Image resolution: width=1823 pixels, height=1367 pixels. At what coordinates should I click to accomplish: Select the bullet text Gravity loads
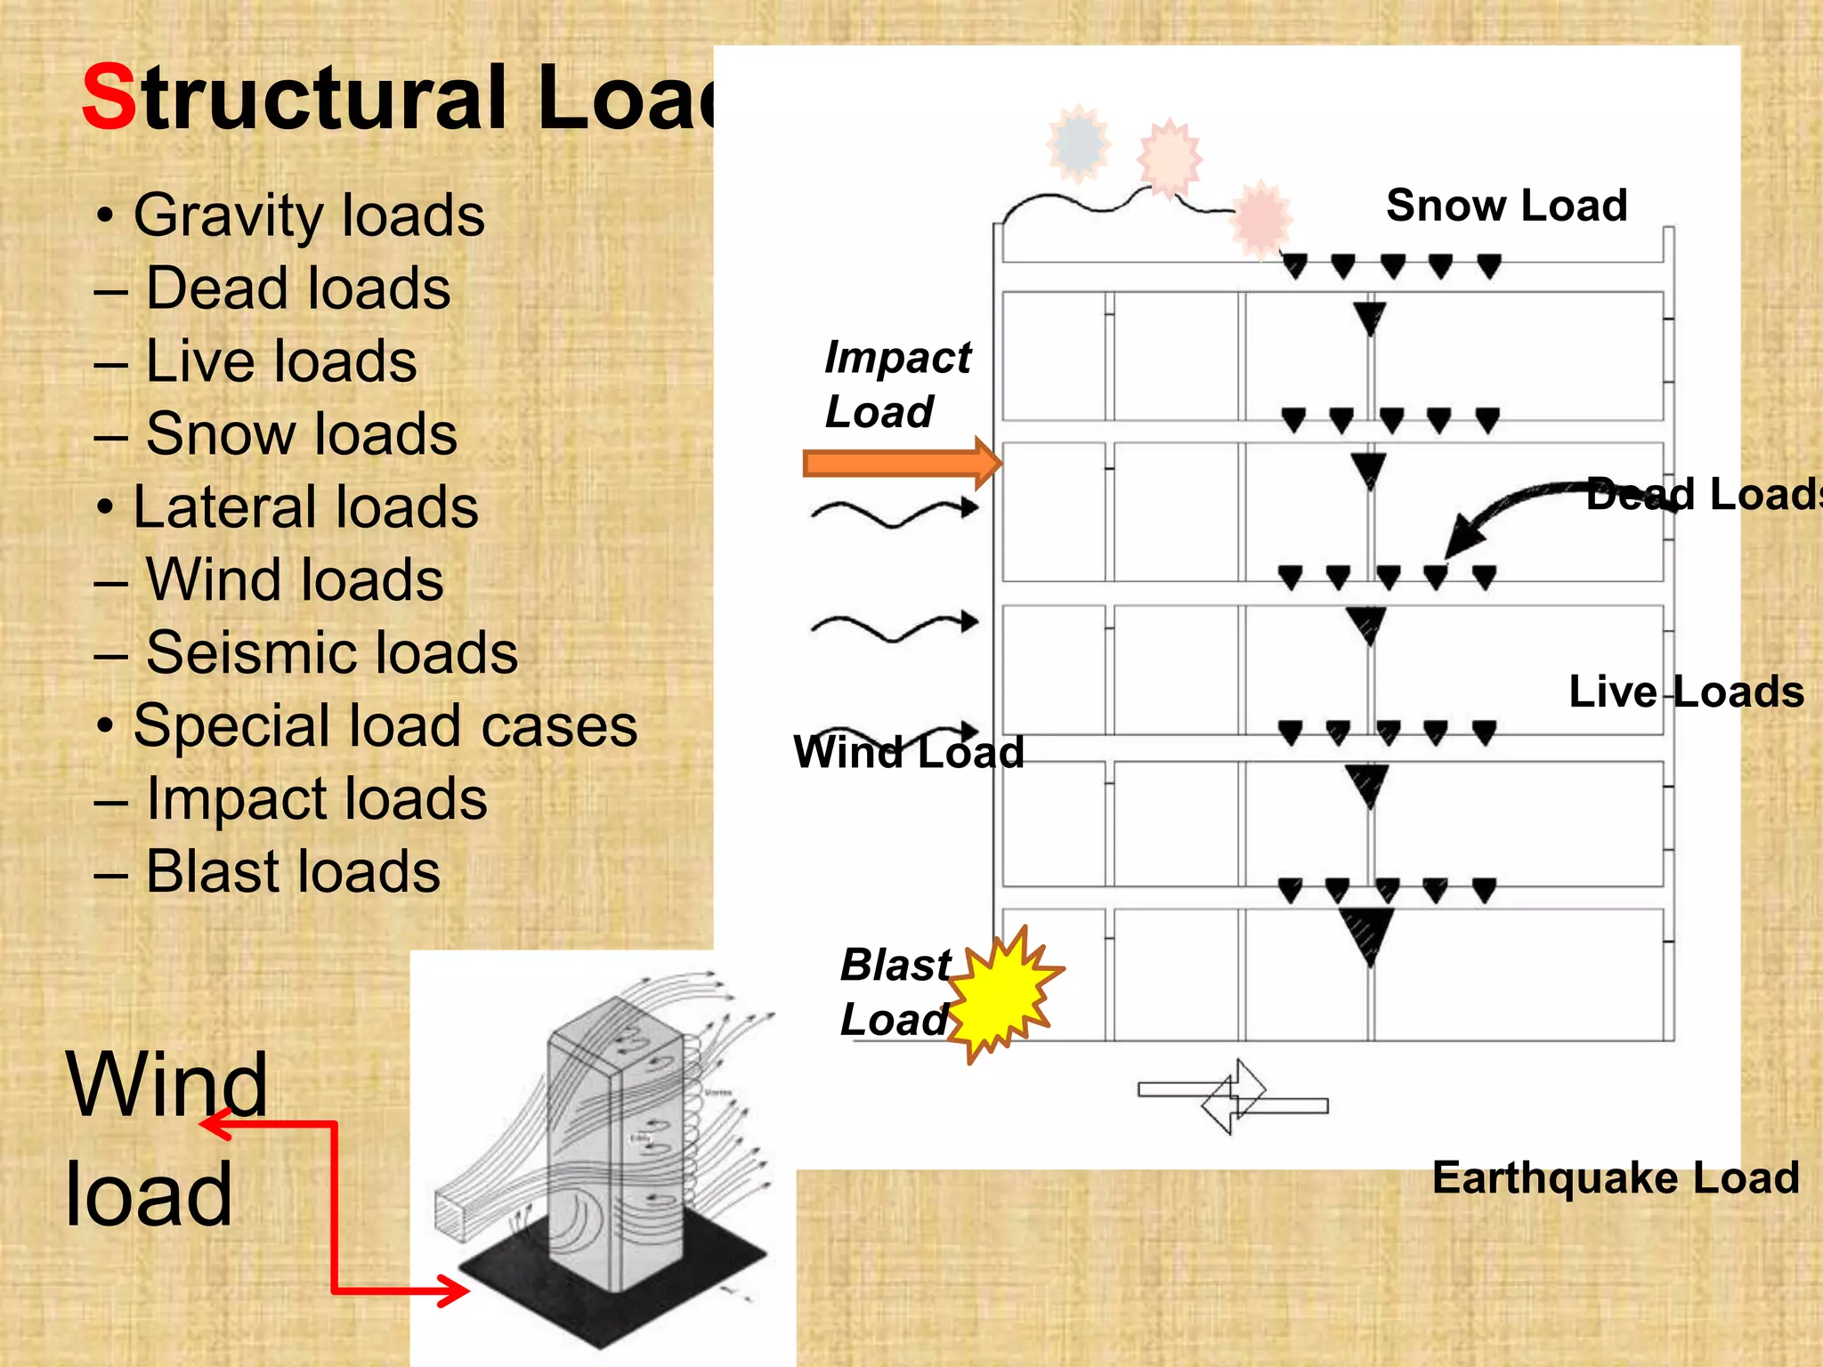[x=308, y=215]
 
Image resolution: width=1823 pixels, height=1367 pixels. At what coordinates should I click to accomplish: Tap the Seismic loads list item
[x=330, y=652]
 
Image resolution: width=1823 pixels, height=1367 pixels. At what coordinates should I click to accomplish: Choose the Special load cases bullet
[x=385, y=725]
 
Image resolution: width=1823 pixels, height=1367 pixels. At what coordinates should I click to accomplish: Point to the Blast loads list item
[x=292, y=871]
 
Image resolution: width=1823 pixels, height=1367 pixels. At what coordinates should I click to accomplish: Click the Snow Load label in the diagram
[x=1506, y=206]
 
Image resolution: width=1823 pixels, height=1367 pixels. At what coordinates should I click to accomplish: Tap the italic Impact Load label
[x=895, y=384]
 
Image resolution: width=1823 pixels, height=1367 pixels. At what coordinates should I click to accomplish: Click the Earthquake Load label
[x=1615, y=1178]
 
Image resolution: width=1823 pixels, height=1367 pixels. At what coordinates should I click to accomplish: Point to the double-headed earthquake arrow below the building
[x=1233, y=1096]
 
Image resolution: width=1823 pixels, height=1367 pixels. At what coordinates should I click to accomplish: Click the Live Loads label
[x=1685, y=692]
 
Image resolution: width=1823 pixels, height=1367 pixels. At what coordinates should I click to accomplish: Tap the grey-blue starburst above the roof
[x=1079, y=142]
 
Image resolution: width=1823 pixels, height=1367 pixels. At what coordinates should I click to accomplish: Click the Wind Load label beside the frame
[x=908, y=753]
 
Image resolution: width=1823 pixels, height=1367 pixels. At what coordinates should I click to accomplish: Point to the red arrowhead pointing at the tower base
[x=454, y=1290]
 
